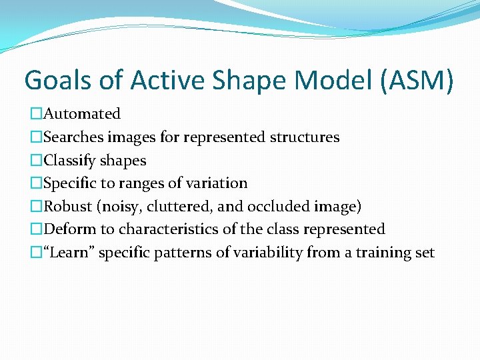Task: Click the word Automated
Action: pyautogui.click(x=81, y=114)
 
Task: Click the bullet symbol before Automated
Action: pyautogui.click(x=36, y=114)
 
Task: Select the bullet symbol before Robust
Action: pyautogui.click(x=36, y=207)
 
